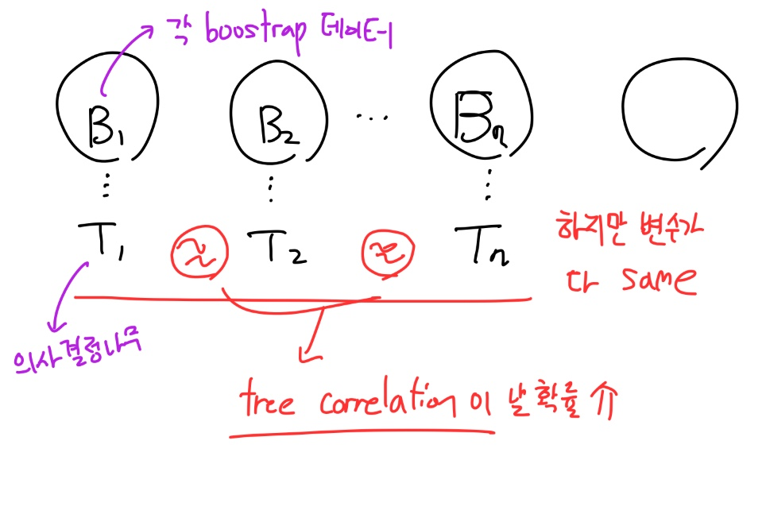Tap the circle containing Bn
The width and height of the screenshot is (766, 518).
pos(480,111)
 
